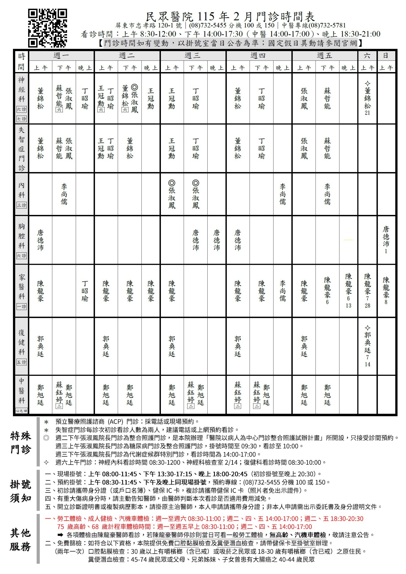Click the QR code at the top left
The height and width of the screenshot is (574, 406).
point(47,28)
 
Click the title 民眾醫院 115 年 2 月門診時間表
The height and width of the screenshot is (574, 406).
point(230,16)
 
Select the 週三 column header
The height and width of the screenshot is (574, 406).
point(193,56)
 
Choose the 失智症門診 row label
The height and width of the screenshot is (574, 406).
point(21,148)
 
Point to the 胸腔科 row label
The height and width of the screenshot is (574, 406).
point(21,236)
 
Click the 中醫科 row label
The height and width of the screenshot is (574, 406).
point(21,390)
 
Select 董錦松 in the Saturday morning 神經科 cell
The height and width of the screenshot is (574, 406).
point(367,98)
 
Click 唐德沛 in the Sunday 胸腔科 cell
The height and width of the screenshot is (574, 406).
point(386,236)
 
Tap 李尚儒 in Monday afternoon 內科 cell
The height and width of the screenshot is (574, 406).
point(64,194)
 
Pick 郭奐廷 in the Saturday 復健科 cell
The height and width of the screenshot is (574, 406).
point(367,343)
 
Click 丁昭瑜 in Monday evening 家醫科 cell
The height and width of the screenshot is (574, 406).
point(85,291)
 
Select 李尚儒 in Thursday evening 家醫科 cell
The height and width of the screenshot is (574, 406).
point(283,291)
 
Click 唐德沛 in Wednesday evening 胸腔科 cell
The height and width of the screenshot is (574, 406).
point(217,240)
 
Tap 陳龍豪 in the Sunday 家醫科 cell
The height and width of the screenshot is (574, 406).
point(386,287)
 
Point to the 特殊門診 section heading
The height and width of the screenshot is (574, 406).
point(21,443)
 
